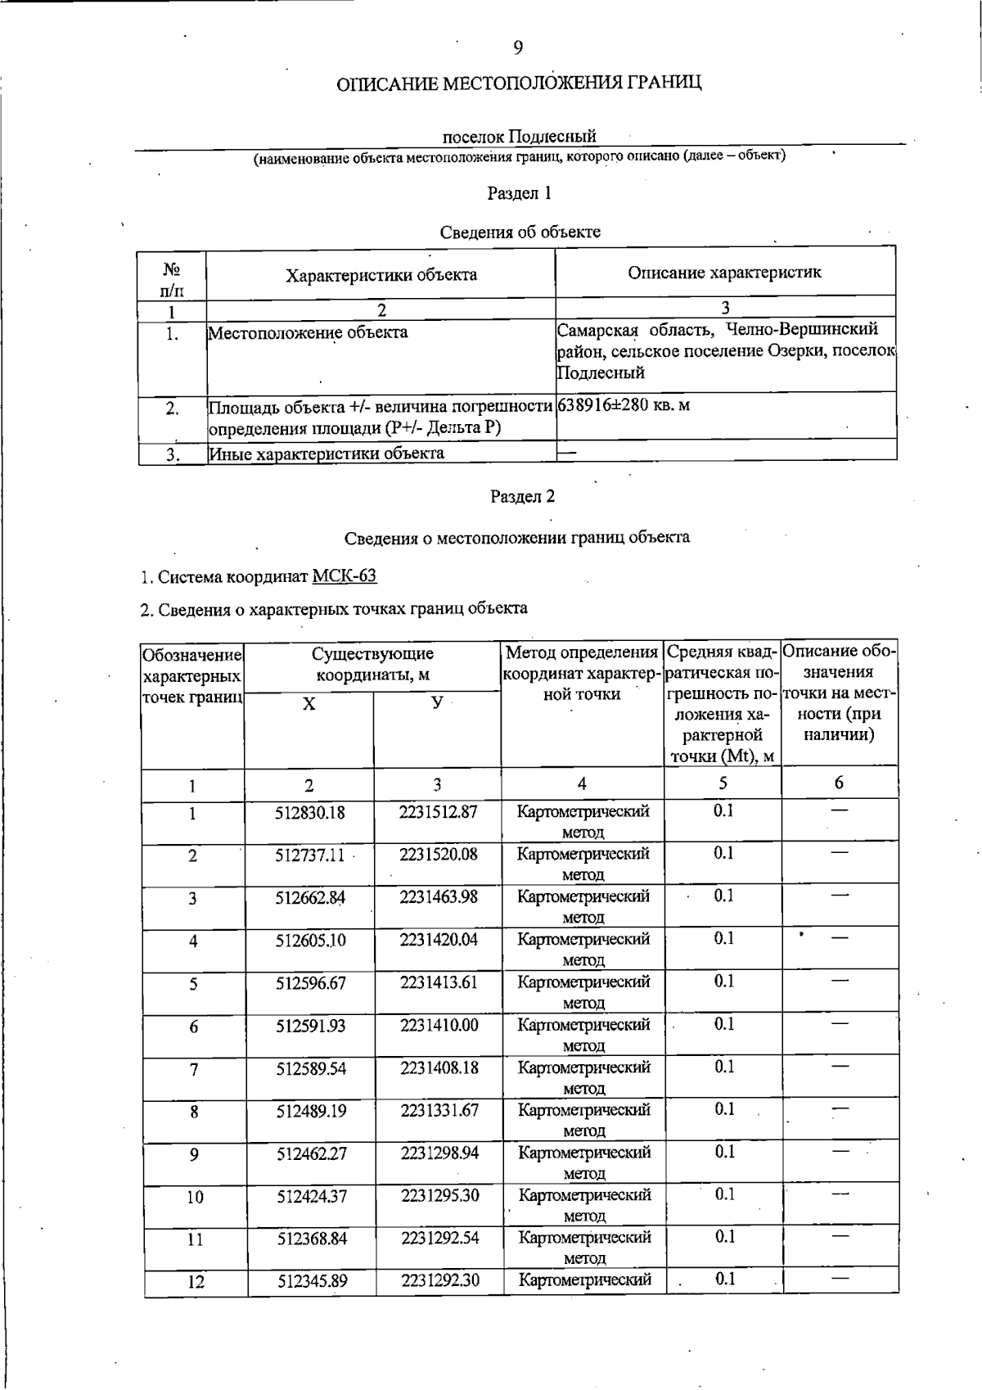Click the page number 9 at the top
pos(518,47)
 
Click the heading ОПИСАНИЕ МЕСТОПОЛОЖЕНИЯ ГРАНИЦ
pos(520,83)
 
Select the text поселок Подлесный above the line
pos(519,136)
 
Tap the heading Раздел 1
pos(520,193)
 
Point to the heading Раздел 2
pos(522,496)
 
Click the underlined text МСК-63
pos(345,576)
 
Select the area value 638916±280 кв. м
pos(624,405)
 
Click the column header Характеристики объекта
pos(381,275)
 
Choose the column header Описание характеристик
pos(724,273)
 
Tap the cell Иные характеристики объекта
pos(327,454)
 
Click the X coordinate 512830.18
pos(310,813)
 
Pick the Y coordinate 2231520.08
pos(439,855)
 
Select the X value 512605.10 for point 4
pos(310,941)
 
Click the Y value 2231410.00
pos(439,1025)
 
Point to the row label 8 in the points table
pos(194,1112)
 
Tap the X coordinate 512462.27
pos(312,1154)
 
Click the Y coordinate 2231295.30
pos(439,1196)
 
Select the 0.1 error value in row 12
pos(725,1279)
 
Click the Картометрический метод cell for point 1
pos(583,821)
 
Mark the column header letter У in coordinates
pos(437,704)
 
